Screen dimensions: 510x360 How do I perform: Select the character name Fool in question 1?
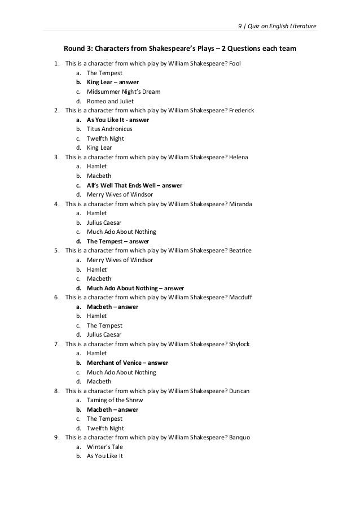(235, 64)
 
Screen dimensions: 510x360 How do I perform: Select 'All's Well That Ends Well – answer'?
(134, 185)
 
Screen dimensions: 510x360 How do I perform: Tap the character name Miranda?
(240, 204)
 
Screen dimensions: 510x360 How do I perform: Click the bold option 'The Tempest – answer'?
(118, 241)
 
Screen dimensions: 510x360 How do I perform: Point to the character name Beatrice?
(240, 251)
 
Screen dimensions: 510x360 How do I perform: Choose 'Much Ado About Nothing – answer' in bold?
(135, 288)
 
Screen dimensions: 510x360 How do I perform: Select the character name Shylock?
(239, 344)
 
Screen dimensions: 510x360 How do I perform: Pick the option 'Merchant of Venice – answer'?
(127, 363)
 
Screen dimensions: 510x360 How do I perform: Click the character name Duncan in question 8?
(239, 391)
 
